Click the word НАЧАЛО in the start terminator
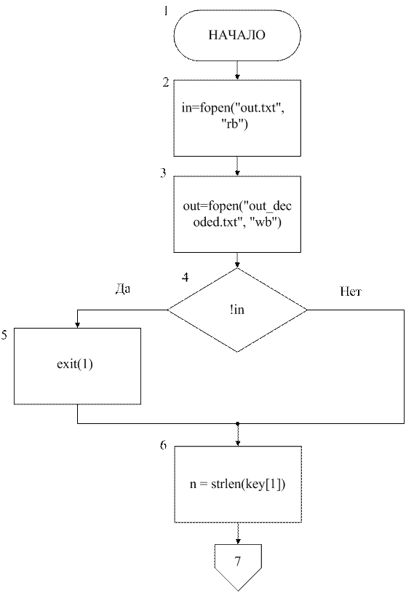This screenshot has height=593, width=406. click(236, 35)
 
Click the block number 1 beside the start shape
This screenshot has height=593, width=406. click(166, 10)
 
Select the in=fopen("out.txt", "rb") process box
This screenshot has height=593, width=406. click(237, 117)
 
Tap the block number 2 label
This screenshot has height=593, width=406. click(166, 82)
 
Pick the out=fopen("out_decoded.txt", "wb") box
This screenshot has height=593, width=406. click(237, 214)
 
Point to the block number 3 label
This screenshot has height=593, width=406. click(163, 173)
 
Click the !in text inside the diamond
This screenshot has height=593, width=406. click(236, 310)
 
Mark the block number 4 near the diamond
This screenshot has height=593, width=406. click(185, 278)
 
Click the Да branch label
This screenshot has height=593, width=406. click(123, 289)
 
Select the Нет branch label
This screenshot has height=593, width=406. click(351, 291)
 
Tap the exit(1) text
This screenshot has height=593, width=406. click(75, 364)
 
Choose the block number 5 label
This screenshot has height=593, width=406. click(4, 334)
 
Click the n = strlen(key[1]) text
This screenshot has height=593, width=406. click(237, 484)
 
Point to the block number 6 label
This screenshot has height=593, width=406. click(163, 444)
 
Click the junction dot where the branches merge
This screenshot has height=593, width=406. click(237, 423)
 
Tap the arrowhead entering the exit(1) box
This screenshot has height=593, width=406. click(77, 325)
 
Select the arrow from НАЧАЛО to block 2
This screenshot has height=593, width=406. click(237, 70)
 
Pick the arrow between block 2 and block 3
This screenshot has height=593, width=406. click(237, 166)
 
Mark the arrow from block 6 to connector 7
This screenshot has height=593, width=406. click(238, 533)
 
